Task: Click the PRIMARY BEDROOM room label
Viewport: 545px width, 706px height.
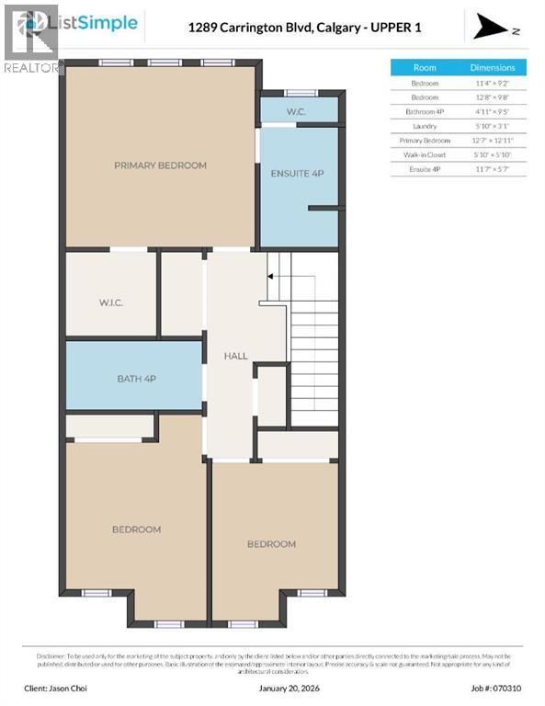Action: tap(160, 165)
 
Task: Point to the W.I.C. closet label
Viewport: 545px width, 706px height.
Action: tap(111, 302)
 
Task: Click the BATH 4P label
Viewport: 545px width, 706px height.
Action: tap(136, 379)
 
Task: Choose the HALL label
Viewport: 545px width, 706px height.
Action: tap(237, 355)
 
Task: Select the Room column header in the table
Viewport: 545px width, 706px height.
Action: tap(425, 67)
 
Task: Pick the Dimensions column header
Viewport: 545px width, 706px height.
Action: tap(493, 67)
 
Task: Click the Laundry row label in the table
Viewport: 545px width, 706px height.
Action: tap(425, 126)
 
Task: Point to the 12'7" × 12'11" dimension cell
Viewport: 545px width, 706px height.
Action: tap(493, 140)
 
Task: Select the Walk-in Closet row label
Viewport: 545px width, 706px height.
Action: tap(425, 154)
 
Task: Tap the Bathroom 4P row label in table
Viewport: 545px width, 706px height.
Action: tap(425, 111)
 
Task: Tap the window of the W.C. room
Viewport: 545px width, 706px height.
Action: tap(297, 93)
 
